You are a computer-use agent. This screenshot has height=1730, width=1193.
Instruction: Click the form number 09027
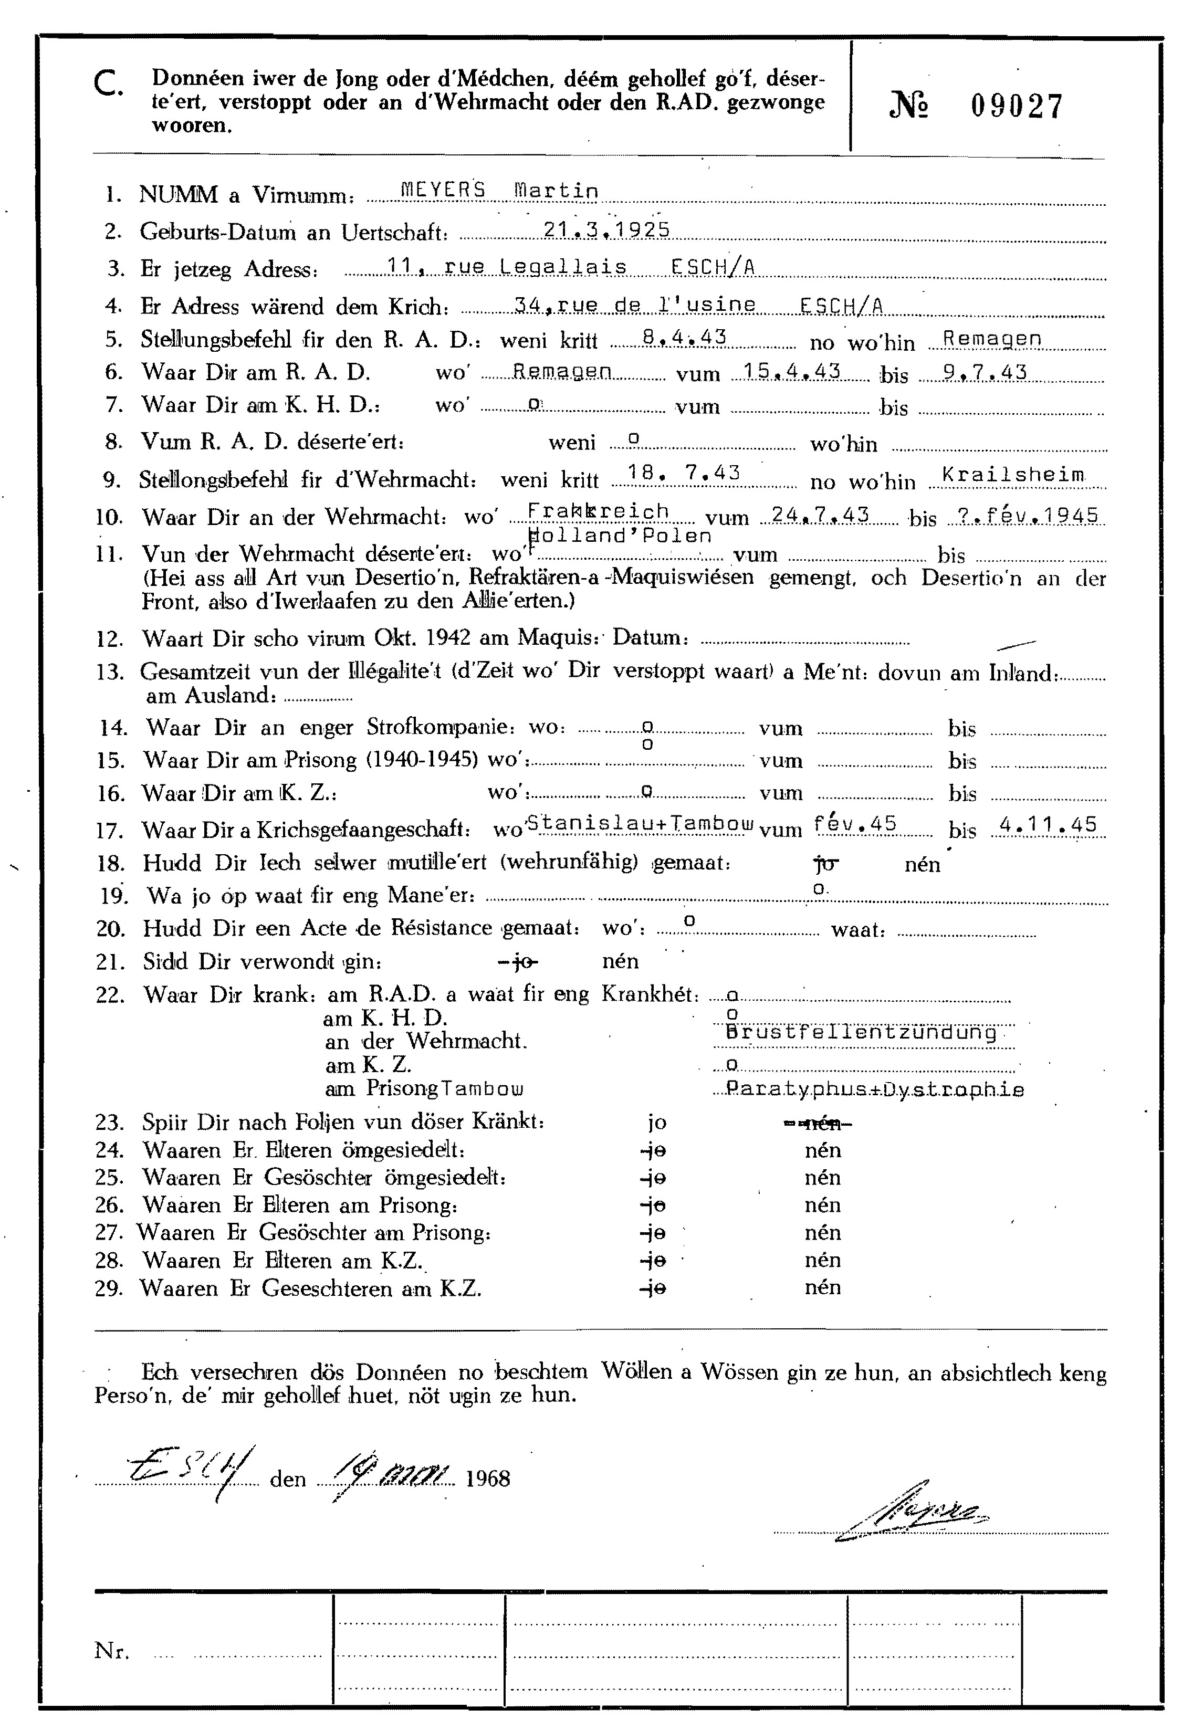pos(1016,107)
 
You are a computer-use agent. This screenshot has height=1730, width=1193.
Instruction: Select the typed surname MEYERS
pos(443,191)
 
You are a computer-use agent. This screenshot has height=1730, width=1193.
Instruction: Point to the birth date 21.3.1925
pos(606,229)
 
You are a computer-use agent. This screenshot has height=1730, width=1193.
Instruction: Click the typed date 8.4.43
pos(684,337)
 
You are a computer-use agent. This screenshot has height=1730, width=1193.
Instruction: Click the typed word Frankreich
pos(598,511)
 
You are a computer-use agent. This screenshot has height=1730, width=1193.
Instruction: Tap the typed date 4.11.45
pos(1048,824)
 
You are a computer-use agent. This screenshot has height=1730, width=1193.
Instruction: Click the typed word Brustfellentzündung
pos(861,1033)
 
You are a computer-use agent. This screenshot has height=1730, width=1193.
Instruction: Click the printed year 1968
pos(487,1479)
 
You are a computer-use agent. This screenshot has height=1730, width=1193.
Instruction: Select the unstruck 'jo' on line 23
pos(656,1123)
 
